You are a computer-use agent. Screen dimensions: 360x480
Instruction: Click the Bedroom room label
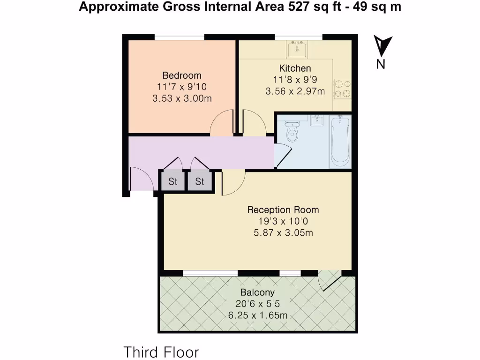[x=182, y=75]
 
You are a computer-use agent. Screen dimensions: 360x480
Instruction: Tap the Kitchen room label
[x=295, y=68]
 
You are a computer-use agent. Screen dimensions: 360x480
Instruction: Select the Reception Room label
[x=283, y=210]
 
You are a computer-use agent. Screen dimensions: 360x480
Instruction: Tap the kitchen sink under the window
[x=297, y=47]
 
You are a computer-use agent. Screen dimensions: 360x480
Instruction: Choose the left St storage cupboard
[x=173, y=181]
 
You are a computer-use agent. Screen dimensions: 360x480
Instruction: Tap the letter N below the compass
[x=381, y=65]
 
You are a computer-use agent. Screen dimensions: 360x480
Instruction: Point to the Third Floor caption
[x=161, y=352]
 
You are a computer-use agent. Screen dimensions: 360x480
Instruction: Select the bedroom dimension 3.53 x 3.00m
[x=182, y=98]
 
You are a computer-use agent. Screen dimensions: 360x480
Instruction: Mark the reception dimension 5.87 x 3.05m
[x=283, y=232]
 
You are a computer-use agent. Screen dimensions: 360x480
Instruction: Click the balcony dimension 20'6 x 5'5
[x=257, y=304]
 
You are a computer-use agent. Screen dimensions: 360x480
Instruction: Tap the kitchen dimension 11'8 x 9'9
[x=295, y=80]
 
